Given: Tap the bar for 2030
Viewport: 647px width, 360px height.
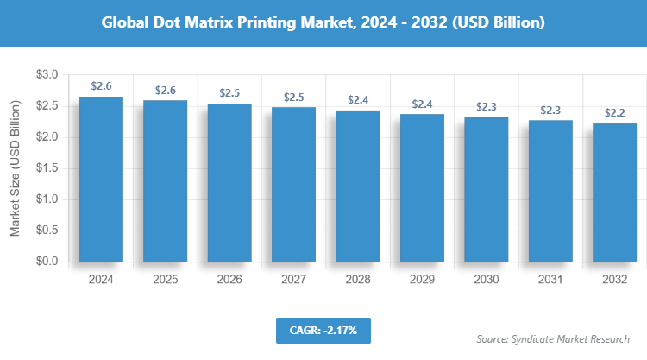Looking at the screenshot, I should coord(486,189).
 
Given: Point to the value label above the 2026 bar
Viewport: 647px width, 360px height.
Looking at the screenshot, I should coord(229,93).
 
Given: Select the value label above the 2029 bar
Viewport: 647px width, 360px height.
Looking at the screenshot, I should coord(422,104).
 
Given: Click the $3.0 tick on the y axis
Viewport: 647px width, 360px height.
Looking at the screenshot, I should coord(47,76).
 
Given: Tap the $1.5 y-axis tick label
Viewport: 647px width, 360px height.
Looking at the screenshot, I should coord(47,168).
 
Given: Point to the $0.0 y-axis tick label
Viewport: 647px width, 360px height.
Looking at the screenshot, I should coord(47,262).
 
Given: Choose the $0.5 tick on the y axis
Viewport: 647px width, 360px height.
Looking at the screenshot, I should coord(47,231).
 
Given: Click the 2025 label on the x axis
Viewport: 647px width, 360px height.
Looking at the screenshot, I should coord(165,280).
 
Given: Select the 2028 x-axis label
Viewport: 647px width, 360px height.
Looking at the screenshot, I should coord(357,280).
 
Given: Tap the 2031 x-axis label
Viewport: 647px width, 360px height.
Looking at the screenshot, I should coord(550,280).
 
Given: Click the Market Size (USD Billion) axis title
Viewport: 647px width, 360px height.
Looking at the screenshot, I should coord(15,169).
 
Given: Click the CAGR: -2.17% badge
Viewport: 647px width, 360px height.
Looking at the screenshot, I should coord(323,329).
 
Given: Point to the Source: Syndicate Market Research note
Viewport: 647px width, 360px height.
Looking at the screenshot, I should coord(552,338).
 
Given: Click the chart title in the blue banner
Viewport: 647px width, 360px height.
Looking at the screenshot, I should coord(323,22).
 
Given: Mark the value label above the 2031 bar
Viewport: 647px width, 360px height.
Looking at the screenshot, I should coord(550,110).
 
